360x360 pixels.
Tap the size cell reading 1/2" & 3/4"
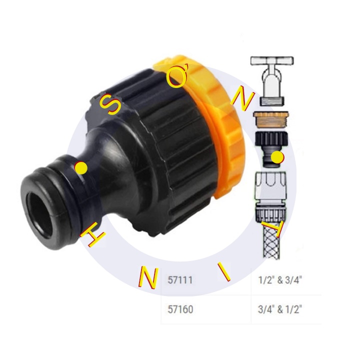click(281, 281)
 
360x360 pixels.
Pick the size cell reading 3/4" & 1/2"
click(281, 309)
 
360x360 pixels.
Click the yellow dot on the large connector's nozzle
click(81, 168)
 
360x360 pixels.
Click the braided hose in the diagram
click(270, 242)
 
